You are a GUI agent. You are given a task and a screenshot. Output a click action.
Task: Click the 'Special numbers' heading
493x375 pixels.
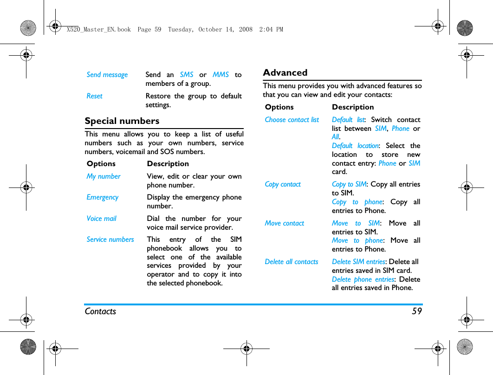click(x=122, y=121)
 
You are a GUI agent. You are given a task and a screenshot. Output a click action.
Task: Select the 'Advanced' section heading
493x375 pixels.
click(x=285, y=73)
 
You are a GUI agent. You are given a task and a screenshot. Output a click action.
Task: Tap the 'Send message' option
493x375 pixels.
click(x=107, y=75)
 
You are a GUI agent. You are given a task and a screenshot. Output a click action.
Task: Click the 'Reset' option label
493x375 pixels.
click(x=94, y=96)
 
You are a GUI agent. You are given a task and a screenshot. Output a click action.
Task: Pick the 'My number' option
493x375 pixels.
click(x=103, y=176)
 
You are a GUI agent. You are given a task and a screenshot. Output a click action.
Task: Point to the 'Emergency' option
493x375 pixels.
click(x=102, y=197)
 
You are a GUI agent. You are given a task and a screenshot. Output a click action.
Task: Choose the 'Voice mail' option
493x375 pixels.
click(x=101, y=219)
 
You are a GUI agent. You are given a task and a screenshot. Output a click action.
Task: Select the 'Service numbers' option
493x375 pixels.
click(x=110, y=239)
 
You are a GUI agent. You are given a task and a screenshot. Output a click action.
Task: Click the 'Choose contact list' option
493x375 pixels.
click(x=292, y=120)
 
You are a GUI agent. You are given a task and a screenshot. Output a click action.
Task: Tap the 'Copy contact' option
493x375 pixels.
click(x=283, y=184)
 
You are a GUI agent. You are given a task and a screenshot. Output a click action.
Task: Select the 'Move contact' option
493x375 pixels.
click(x=284, y=223)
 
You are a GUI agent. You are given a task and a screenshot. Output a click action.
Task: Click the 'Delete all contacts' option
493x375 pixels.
click(x=291, y=262)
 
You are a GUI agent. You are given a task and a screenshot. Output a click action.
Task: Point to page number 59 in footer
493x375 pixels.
click(x=416, y=311)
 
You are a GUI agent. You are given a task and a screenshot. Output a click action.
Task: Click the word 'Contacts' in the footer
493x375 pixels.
click(x=100, y=311)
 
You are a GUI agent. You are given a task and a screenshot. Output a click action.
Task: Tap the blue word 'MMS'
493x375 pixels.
click(x=221, y=75)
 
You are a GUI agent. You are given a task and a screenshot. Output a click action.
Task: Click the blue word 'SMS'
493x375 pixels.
click(x=186, y=75)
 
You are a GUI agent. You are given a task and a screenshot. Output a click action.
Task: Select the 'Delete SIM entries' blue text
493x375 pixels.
click(x=358, y=262)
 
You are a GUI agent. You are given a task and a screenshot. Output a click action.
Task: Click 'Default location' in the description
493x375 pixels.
click(x=355, y=146)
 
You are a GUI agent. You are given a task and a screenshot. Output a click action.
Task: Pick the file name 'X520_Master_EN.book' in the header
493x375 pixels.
click(x=98, y=29)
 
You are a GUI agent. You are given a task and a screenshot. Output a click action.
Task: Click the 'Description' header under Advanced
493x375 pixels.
click(x=352, y=107)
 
